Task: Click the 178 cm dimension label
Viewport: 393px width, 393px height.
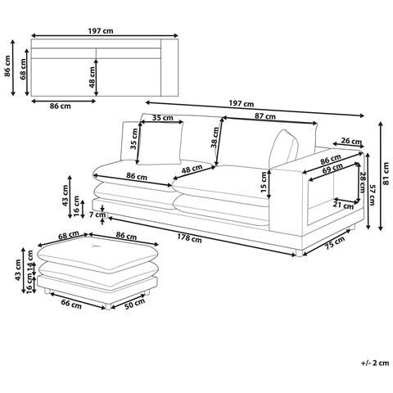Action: (189, 238)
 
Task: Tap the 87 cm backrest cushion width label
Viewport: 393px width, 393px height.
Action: (265, 116)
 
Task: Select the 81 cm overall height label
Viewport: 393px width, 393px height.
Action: (386, 174)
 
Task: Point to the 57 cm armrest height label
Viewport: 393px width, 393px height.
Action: (373, 195)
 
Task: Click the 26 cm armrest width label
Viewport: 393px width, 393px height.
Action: (351, 141)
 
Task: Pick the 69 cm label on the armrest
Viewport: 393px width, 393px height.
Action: (332, 169)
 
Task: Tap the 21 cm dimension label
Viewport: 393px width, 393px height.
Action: (343, 205)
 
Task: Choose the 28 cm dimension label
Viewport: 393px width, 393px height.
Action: (363, 183)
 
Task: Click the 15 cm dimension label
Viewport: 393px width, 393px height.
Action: (264, 182)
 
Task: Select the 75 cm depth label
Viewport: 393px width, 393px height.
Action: (335, 242)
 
